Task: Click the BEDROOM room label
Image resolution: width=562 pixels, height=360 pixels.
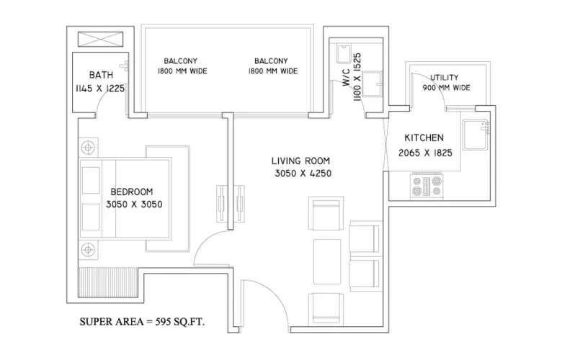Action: click(x=131, y=192)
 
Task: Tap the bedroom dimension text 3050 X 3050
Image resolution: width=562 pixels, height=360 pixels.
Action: click(x=134, y=204)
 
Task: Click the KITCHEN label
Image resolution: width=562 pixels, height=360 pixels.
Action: click(x=423, y=138)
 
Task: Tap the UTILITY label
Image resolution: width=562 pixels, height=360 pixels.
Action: click(x=445, y=77)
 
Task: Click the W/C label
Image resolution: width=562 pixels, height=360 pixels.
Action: click(x=345, y=87)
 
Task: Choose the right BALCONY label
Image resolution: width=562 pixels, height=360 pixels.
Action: click(x=271, y=60)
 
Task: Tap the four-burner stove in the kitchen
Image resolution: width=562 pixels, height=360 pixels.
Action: click(x=427, y=186)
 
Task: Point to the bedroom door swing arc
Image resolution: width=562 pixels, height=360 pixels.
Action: click(x=209, y=248)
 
